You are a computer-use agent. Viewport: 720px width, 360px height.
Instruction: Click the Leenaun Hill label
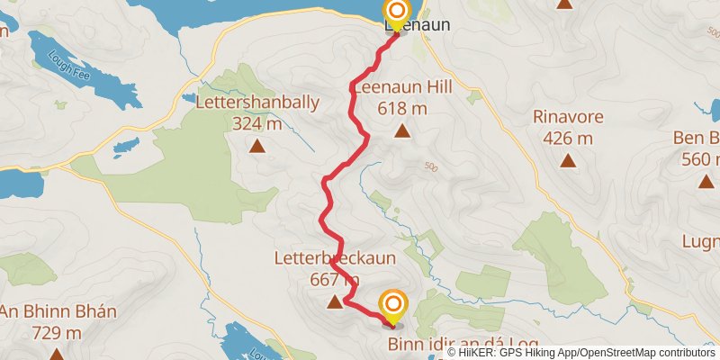coord(401,88)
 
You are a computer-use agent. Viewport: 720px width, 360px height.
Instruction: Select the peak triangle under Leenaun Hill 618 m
coord(401,132)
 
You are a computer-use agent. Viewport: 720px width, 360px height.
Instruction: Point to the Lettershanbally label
coord(257,103)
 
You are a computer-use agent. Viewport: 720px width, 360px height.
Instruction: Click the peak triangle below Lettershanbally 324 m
coord(257,146)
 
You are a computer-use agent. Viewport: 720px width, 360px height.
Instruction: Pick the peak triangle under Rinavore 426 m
coord(567,161)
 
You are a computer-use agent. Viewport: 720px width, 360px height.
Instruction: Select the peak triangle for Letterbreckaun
coord(336,301)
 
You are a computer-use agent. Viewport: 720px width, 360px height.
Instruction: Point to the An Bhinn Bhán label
coord(58,312)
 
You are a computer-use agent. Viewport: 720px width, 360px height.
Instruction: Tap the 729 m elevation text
coord(58,333)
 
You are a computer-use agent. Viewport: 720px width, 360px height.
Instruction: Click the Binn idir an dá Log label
coord(463,345)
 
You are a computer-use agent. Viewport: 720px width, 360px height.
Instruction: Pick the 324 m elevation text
coord(257,123)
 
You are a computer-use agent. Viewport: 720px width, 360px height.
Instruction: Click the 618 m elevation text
coord(402,109)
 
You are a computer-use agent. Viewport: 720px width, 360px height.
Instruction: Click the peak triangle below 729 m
coord(57,354)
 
